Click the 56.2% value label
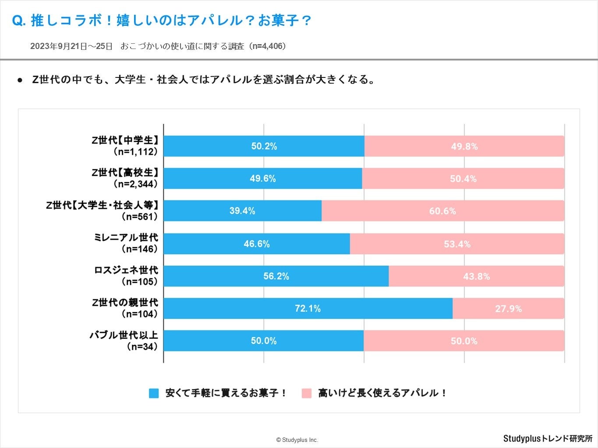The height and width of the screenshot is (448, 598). (x=276, y=276)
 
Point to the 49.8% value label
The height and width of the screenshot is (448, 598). (x=464, y=147)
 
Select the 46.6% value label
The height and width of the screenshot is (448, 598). (x=257, y=244)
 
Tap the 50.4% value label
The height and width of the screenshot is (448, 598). (x=463, y=178)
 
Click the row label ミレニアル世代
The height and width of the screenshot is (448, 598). (x=126, y=238)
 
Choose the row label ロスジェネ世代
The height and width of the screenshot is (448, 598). (x=126, y=270)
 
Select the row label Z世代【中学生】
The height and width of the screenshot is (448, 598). (x=125, y=140)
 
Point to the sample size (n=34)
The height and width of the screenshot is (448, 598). (x=142, y=346)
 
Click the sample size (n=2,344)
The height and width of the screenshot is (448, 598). (x=135, y=184)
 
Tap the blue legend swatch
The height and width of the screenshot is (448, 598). (x=154, y=393)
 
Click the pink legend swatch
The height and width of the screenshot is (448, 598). (x=307, y=393)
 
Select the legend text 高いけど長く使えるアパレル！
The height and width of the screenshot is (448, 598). (x=382, y=393)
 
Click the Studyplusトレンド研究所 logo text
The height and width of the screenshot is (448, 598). (x=548, y=438)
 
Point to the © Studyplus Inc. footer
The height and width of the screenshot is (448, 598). (x=297, y=440)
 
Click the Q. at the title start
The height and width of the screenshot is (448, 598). (x=19, y=21)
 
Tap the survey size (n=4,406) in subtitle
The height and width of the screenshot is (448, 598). (x=268, y=46)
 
